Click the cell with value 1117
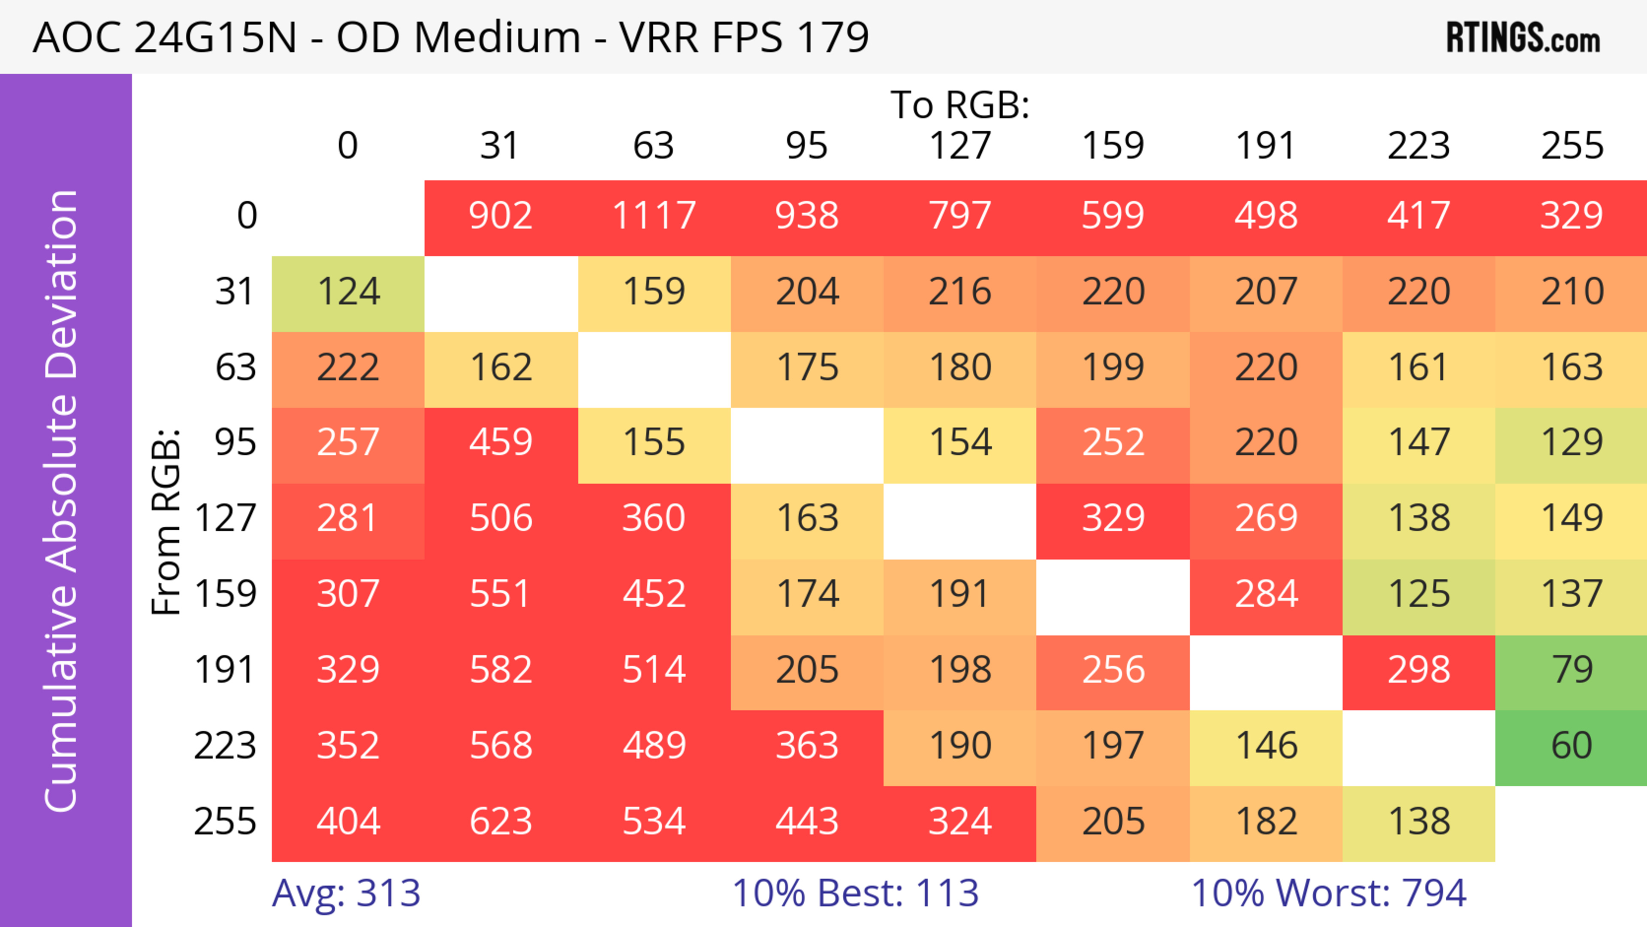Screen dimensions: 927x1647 point(654,215)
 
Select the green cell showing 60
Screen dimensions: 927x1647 point(1572,746)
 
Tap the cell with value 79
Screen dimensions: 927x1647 point(1572,670)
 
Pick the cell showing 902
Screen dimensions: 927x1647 point(501,215)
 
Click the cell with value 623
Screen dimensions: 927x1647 point(501,821)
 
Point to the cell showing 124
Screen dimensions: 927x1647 point(348,292)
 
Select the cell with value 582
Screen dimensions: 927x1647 point(501,670)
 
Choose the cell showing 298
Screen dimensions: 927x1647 point(1419,670)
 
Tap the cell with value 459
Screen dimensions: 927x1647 point(501,442)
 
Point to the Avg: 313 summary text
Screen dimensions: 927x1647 point(346,893)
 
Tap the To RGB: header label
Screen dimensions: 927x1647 point(960,105)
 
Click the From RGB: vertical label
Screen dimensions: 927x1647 point(166,521)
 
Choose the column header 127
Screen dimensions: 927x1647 point(960,146)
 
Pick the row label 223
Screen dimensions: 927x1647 point(225,746)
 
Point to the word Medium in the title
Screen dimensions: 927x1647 point(497,37)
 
